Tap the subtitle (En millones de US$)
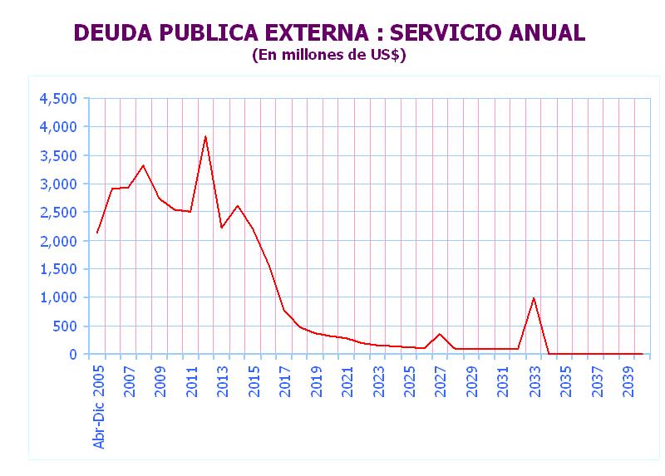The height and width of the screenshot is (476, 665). [x=328, y=55]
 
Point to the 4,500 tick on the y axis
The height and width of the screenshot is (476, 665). [x=58, y=99]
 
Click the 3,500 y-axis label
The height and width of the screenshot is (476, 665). [x=58, y=155]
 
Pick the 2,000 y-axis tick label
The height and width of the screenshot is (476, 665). [x=58, y=241]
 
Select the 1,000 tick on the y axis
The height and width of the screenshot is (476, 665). [x=58, y=297]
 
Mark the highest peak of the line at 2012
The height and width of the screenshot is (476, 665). [x=205, y=136]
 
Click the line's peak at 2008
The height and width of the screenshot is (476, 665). [x=143, y=165]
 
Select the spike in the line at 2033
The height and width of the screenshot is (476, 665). [x=533, y=298]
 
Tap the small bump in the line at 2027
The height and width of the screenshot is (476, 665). [x=440, y=334]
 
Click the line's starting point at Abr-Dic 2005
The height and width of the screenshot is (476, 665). [x=97, y=233]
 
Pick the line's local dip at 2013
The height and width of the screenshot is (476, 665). [x=221, y=228]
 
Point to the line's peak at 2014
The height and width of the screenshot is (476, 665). [x=237, y=206]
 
